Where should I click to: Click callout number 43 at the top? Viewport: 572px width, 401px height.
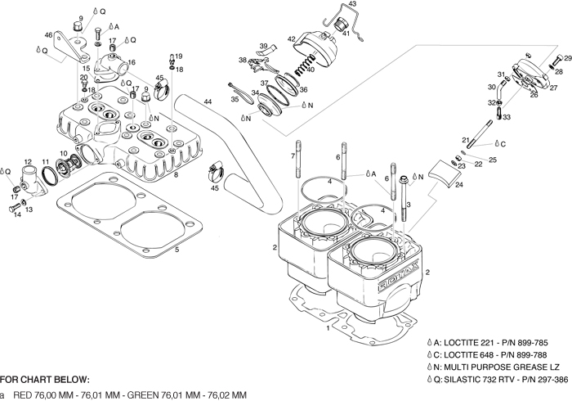pos(352,5)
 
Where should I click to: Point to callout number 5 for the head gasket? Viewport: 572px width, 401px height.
pos(177,249)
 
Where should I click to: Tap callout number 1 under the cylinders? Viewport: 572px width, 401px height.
pos(328,328)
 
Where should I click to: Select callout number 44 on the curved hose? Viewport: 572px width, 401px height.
pos(208,101)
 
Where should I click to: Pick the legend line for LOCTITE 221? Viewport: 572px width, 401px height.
pos(483,342)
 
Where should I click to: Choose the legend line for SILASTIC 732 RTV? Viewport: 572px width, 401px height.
pos(497,379)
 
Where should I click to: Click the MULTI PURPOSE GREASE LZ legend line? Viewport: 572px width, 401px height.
pos(496,367)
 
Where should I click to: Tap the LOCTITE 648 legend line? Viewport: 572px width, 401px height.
pos(483,354)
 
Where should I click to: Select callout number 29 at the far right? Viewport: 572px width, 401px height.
pos(568,59)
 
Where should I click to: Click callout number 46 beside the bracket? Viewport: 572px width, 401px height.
pos(48,35)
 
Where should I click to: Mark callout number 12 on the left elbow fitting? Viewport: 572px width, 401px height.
pos(27,162)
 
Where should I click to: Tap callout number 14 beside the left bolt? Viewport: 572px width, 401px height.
pos(17,214)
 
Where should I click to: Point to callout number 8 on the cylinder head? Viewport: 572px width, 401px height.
pos(177,173)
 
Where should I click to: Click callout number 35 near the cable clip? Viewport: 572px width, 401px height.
pos(234,99)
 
